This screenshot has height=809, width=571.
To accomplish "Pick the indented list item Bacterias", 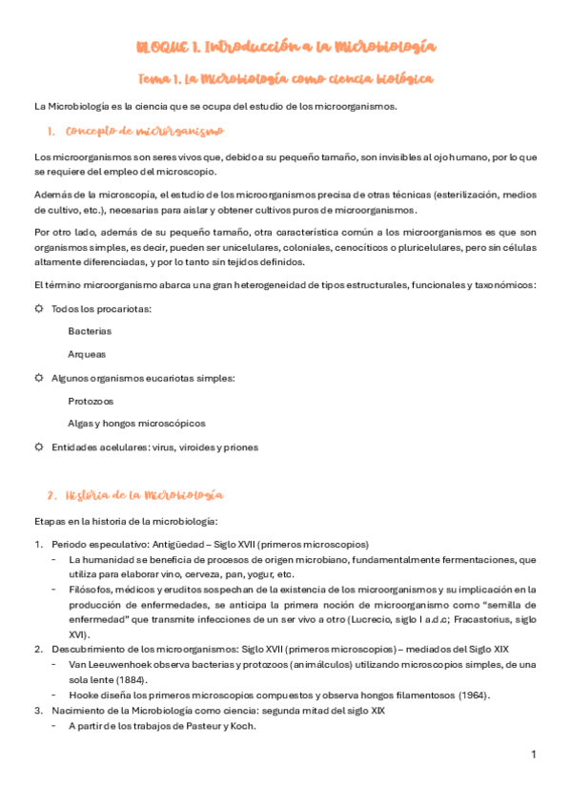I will click(90, 331).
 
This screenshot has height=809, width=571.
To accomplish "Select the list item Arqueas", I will click(87, 354).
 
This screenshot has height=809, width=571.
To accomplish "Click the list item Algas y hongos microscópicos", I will click(136, 423).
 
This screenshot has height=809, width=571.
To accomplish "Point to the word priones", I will click(238, 446).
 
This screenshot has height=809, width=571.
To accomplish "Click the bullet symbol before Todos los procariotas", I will click(39, 308).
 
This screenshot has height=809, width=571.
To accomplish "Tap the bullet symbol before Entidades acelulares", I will click(39, 446).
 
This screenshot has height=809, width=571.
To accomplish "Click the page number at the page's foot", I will click(534, 755).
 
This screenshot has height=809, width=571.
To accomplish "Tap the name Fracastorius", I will click(476, 619).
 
